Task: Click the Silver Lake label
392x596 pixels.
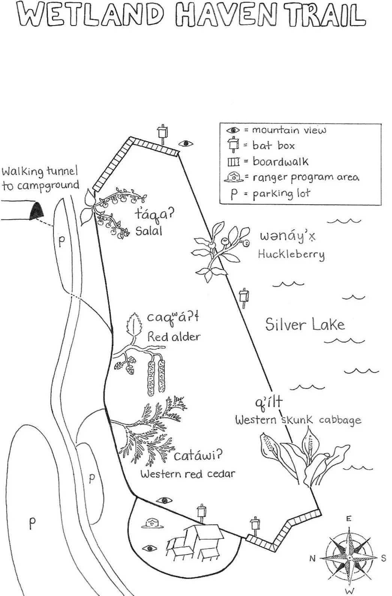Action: click(x=305, y=324)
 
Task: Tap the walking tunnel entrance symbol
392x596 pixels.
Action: click(x=36, y=211)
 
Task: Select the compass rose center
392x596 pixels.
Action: click(x=349, y=558)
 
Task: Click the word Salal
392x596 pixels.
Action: click(x=149, y=231)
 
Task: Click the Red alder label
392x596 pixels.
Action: click(x=174, y=336)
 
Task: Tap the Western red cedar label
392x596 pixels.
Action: click(x=188, y=474)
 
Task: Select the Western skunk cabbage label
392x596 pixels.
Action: click(x=298, y=420)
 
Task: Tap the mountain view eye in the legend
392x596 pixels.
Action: click(x=233, y=130)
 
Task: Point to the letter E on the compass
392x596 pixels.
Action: click(x=349, y=519)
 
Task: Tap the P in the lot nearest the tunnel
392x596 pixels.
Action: click(x=61, y=242)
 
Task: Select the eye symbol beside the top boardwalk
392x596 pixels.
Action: click(x=186, y=143)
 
